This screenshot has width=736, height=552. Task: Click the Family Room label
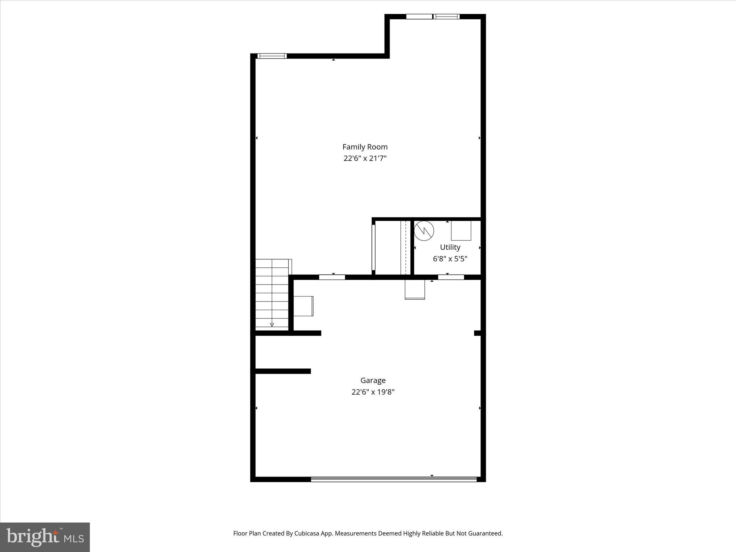coord(365,147)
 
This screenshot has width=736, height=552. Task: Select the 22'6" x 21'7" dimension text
coord(365,158)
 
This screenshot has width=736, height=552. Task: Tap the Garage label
coord(373,380)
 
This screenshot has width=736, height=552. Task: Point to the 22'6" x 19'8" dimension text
coord(373,392)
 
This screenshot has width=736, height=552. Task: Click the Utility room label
coord(450,247)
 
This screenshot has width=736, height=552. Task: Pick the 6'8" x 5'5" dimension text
coord(450,259)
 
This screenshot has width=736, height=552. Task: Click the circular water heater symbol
coord(424,231)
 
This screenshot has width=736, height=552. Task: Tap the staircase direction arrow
coord(272,325)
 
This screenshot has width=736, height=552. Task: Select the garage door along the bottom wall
coord(394,479)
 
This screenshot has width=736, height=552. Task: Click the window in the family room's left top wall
coord(272,56)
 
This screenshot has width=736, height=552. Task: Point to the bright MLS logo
coord(45,537)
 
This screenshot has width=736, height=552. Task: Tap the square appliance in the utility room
coord(461,231)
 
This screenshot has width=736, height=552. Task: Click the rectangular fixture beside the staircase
coord(303,306)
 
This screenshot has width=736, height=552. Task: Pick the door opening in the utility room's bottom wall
coord(451,277)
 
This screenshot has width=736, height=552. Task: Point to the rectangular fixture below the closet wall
coord(415,289)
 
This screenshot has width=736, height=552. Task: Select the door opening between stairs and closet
coord(332,277)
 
